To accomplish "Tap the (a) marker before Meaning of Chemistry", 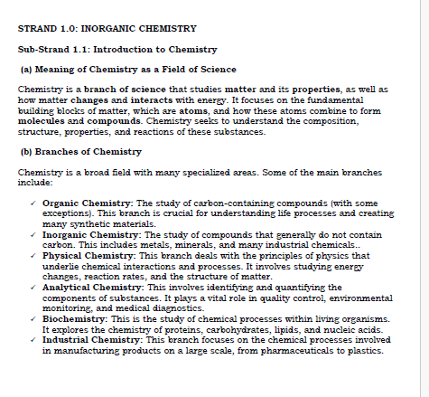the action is click(x=26, y=70).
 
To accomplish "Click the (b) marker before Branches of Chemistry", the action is click(x=26, y=152).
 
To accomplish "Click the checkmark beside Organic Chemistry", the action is click(x=32, y=203).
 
